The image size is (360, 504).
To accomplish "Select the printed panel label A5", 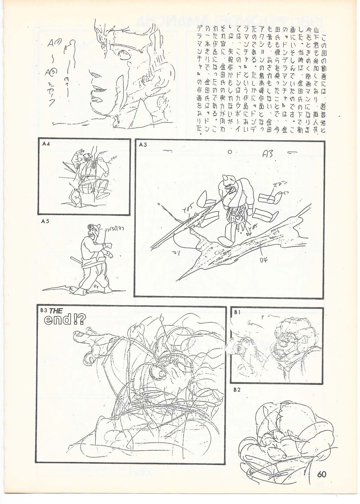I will pos(45,221).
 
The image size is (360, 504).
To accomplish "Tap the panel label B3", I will pos(43,311).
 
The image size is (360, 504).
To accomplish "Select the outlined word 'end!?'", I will pos(64,320).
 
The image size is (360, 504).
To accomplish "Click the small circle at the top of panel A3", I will pos(230,152).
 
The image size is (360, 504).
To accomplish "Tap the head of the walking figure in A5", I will pos(90,229).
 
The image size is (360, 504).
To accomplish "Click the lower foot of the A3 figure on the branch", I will pos(224,239).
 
